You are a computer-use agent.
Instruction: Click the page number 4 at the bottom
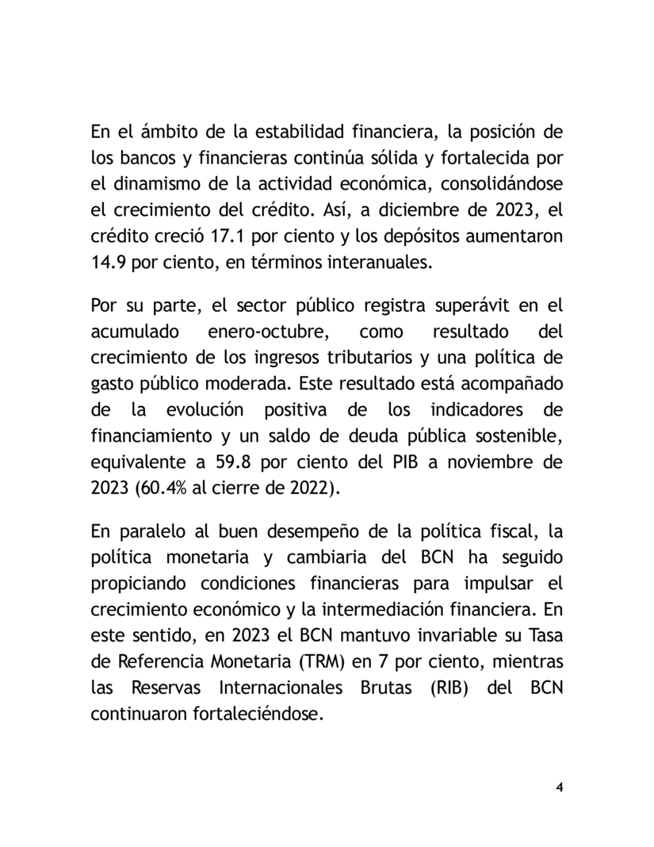[560, 788]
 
